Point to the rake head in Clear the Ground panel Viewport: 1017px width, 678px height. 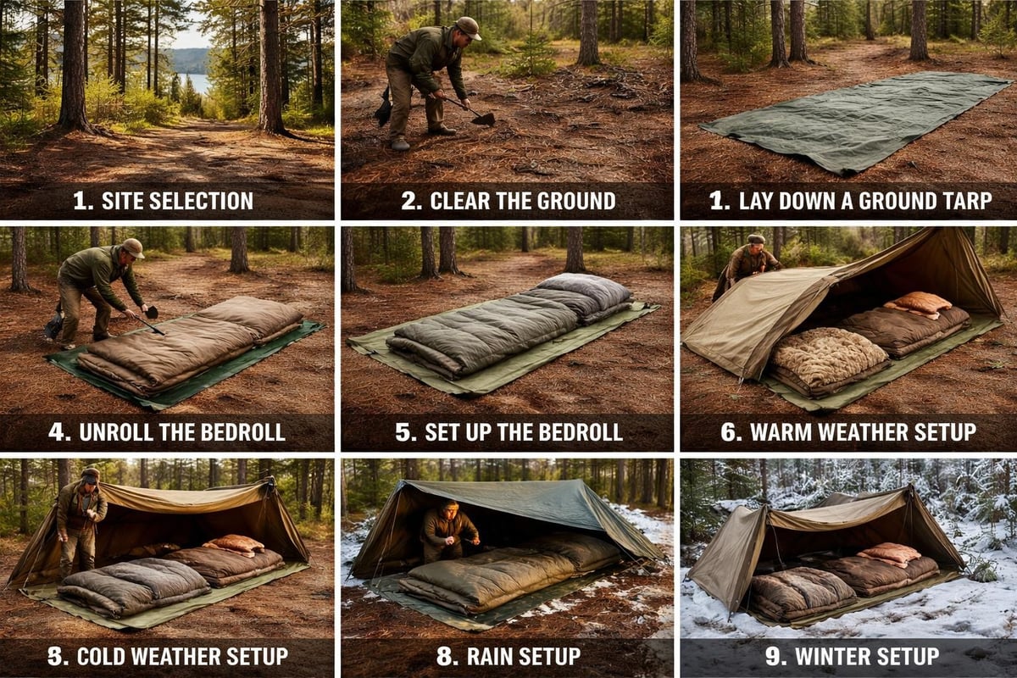pyautogui.click(x=483, y=119)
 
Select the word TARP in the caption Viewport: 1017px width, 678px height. pyautogui.click(x=962, y=201)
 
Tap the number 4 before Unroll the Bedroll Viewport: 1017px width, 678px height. pyautogui.click(x=58, y=431)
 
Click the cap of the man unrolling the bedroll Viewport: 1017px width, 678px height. pyautogui.click(x=132, y=247)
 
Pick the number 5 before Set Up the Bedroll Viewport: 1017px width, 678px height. pyautogui.click(x=405, y=431)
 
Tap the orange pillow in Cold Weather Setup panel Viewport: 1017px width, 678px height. pyautogui.click(x=233, y=543)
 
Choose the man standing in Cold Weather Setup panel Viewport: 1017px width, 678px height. pyautogui.click(x=82, y=517)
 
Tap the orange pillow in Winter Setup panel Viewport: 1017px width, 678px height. pyautogui.click(x=888, y=554)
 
